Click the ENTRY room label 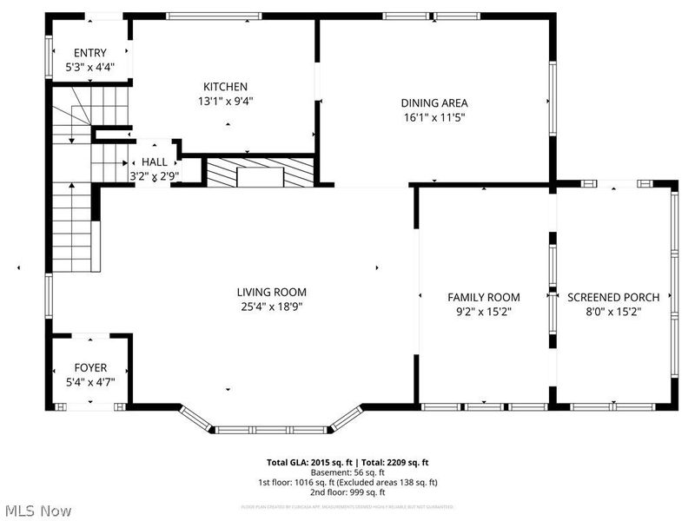[x=90, y=53]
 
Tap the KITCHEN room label [x=225, y=87]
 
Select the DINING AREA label [x=434, y=103]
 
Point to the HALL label [x=155, y=162]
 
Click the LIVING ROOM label [x=272, y=293]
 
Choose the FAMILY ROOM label [x=484, y=297]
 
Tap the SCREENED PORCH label [x=613, y=297]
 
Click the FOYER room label [x=90, y=367]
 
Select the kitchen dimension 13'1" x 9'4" [x=225, y=101]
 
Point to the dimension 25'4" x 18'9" [x=272, y=307]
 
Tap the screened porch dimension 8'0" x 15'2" [x=613, y=311]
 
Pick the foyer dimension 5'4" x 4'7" [x=90, y=381]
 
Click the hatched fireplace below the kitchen [x=259, y=172]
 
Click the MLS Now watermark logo [x=37, y=511]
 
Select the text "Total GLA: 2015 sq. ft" [x=309, y=463]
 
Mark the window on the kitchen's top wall [x=214, y=16]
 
